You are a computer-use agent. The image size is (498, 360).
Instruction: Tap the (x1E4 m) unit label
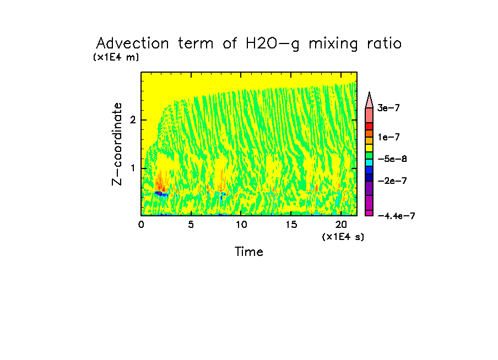[116, 57]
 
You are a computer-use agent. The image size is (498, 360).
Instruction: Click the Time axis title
[249, 252]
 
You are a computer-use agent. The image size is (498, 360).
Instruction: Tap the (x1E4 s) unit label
[343, 237]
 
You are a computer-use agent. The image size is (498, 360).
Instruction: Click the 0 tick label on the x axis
[141, 225]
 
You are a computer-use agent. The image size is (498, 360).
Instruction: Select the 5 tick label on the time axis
[191, 225]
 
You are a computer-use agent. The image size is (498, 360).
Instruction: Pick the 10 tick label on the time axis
[241, 225]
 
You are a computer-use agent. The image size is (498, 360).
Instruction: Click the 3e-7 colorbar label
[388, 108]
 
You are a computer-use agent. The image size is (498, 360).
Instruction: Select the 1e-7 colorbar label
[388, 137]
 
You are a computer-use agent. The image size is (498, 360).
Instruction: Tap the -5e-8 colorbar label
[391, 159]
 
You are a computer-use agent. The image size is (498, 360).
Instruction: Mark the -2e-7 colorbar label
[391, 181]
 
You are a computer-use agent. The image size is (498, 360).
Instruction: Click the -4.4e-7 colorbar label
[396, 216]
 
